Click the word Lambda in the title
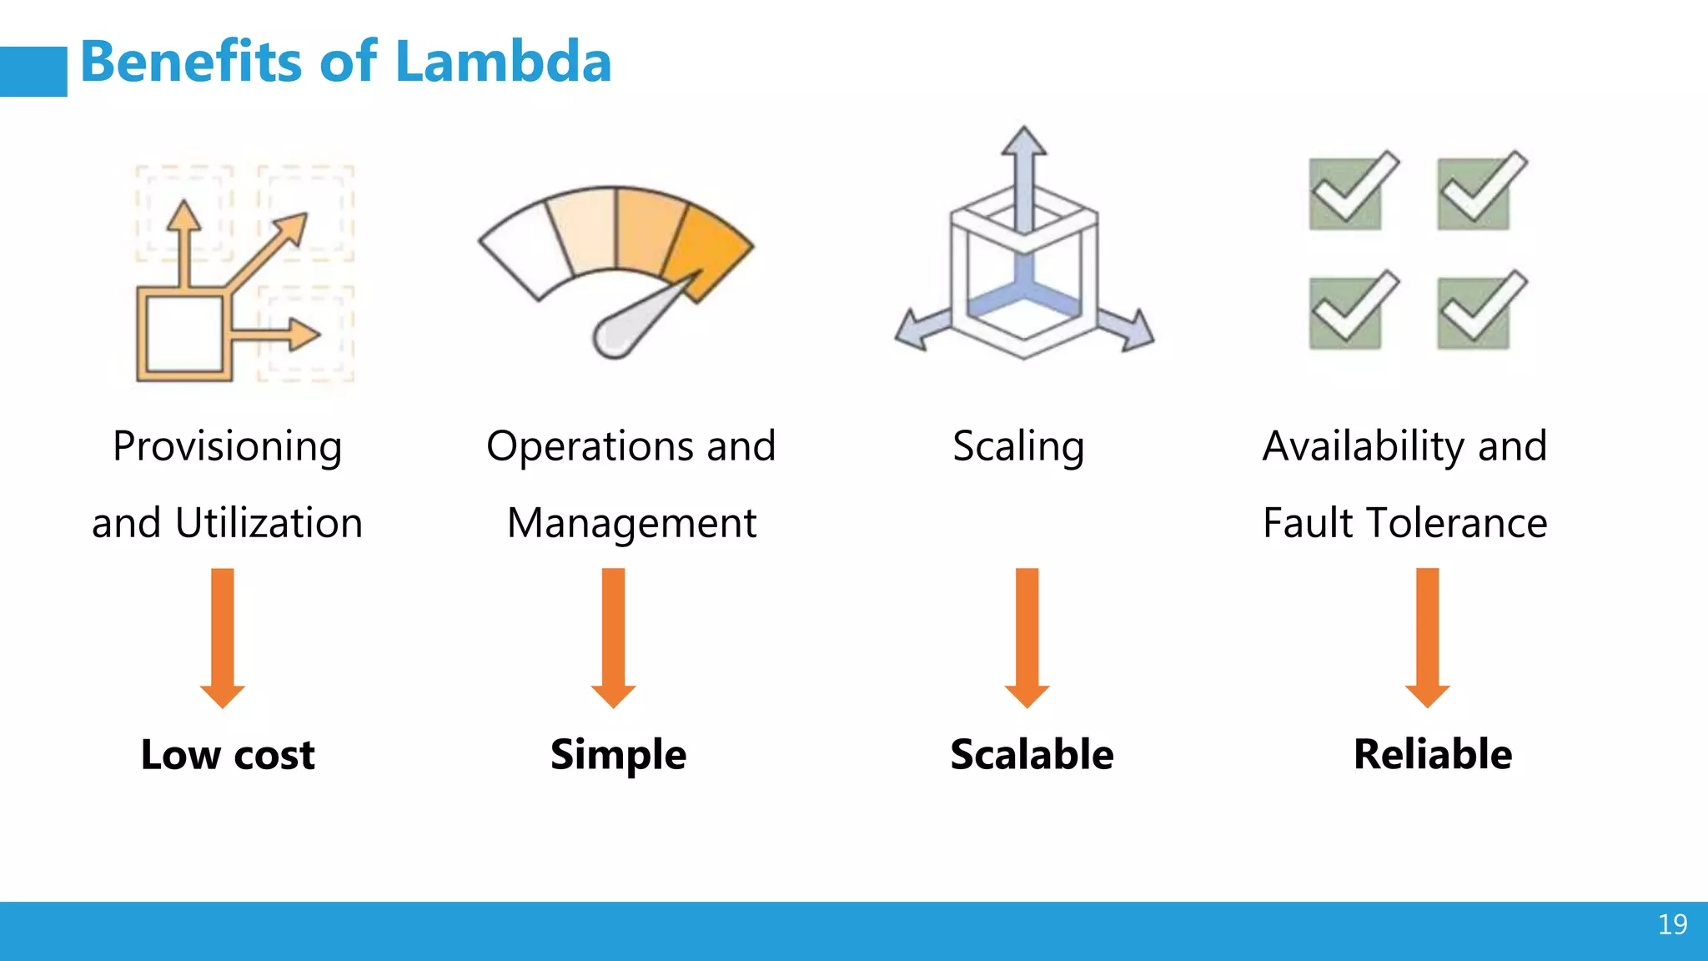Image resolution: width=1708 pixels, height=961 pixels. tap(503, 63)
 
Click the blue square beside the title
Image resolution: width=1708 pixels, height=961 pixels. tap(33, 72)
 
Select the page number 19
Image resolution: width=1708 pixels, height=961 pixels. tap(1672, 924)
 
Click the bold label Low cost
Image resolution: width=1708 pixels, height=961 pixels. tap(228, 755)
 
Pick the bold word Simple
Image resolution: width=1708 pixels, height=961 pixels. tap(618, 755)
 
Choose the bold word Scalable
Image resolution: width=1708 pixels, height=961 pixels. tap(1032, 755)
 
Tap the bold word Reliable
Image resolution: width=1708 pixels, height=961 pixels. tap(1433, 755)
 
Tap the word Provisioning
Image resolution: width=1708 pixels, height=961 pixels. tap(227, 446)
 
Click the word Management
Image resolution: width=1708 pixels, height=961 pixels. tap(632, 524)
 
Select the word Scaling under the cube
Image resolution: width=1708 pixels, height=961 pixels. tap(1018, 446)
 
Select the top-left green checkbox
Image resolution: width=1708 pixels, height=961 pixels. tap(1346, 194)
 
